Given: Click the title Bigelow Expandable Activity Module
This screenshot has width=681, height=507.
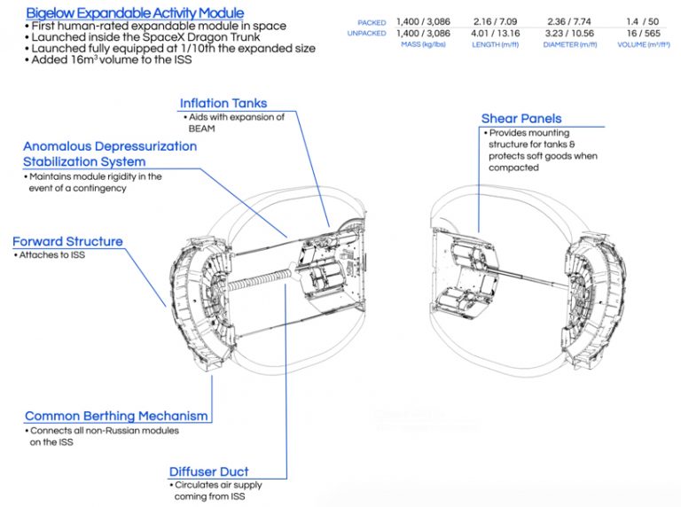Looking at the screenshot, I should click(x=134, y=13).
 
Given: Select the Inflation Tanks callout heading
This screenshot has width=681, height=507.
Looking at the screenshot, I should click(x=223, y=104).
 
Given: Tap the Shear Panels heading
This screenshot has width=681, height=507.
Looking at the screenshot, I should click(x=521, y=118).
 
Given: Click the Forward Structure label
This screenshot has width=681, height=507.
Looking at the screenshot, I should click(x=67, y=241).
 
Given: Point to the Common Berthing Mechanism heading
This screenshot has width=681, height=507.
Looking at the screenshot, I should click(x=116, y=416).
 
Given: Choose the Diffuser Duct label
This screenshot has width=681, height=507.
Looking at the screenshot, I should click(x=208, y=472).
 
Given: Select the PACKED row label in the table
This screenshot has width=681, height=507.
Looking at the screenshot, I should click(x=372, y=21).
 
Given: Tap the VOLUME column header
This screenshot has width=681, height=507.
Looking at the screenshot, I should click(x=640, y=43).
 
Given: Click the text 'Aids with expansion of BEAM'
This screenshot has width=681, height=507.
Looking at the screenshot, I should click(x=234, y=123).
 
